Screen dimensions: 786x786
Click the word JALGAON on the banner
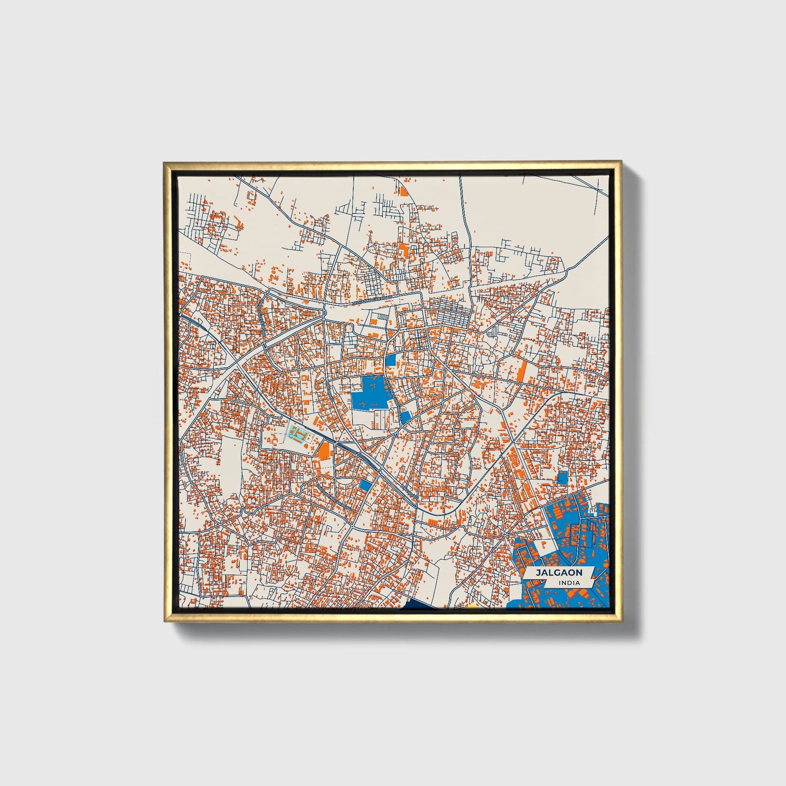pyautogui.click(x=559, y=573)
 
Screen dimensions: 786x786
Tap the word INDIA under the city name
pyautogui.click(x=568, y=583)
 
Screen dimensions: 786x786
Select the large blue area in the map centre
pyautogui.click(x=368, y=394)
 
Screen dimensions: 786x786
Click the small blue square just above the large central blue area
pyautogui.click(x=391, y=360)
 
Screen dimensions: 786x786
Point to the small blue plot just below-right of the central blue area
pyautogui.click(x=405, y=417)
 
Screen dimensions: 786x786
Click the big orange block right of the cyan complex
pyautogui.click(x=324, y=450)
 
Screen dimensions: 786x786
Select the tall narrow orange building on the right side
pyautogui.click(x=521, y=372)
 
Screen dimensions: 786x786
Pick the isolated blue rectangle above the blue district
pyautogui.click(x=562, y=478)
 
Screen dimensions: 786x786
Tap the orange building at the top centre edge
pyautogui.click(x=403, y=190)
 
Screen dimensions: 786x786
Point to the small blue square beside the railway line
pyautogui.click(x=366, y=485)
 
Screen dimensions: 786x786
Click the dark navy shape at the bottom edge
pyautogui.click(x=424, y=605)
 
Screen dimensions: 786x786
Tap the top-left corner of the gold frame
pyautogui.click(x=165, y=163)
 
